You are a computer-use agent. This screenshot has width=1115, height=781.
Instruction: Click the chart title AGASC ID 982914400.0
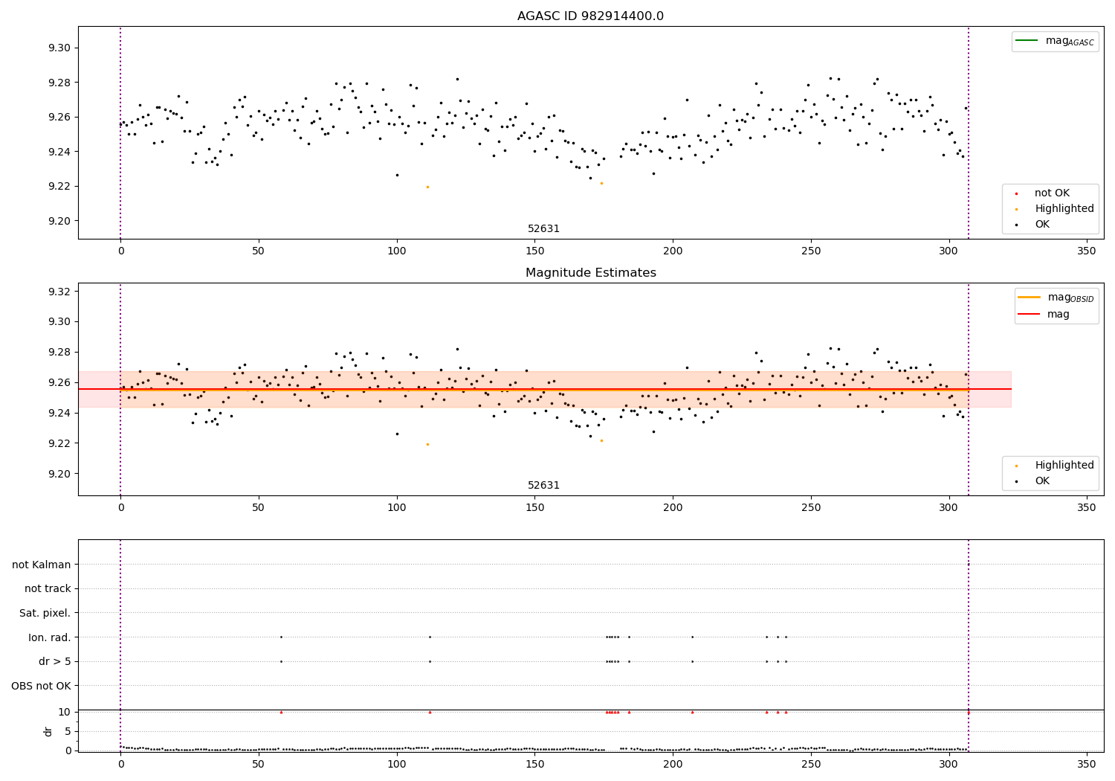pos(590,16)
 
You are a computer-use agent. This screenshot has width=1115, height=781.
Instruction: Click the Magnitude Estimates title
pos(590,273)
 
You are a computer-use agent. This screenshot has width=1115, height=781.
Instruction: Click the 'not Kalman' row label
pos(42,565)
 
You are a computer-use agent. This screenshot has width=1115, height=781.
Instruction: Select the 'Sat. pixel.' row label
pos(45,613)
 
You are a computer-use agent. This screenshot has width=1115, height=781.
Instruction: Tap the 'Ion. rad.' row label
pos(50,637)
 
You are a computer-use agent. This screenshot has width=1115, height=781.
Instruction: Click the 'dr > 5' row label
pos(55,661)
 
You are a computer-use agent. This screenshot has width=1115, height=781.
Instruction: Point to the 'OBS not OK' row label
pos(42,686)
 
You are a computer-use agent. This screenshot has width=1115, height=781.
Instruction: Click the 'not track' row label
pos(48,588)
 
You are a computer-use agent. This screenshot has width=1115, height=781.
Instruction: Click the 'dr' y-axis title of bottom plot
pos(48,731)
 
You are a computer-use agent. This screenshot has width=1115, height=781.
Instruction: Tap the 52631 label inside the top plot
pos(543,229)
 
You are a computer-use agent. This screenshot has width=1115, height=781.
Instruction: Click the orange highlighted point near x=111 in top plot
pos(427,187)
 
